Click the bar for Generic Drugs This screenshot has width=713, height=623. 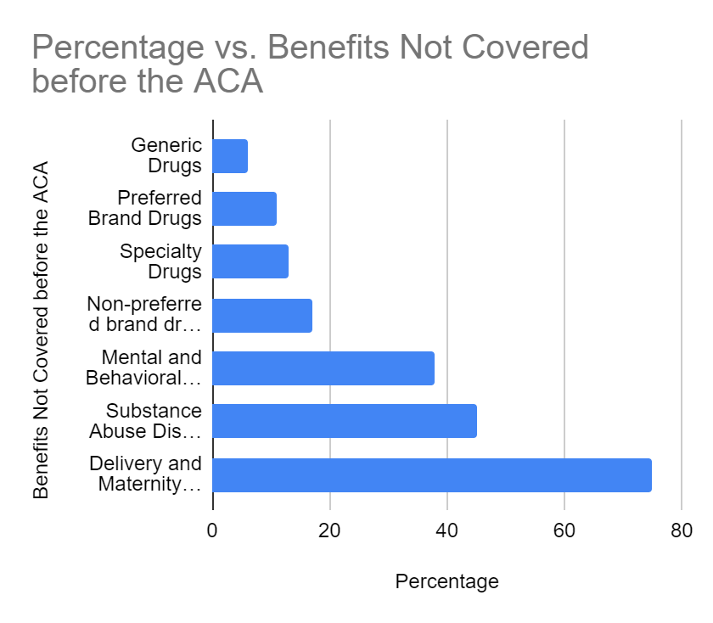(230, 156)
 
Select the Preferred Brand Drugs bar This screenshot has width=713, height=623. (244, 209)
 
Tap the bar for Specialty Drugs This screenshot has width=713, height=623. (250, 261)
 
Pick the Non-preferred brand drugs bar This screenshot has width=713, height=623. (262, 315)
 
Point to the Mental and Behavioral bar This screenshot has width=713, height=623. (323, 368)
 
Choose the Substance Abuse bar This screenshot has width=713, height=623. (345, 421)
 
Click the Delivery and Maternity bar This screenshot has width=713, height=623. (432, 474)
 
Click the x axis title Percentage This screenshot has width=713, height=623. (446, 581)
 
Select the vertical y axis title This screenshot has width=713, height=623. (40, 328)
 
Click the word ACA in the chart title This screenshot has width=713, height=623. (228, 83)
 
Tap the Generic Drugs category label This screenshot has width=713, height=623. (166, 155)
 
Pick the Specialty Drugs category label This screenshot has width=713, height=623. (161, 261)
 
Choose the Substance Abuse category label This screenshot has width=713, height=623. (146, 421)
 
